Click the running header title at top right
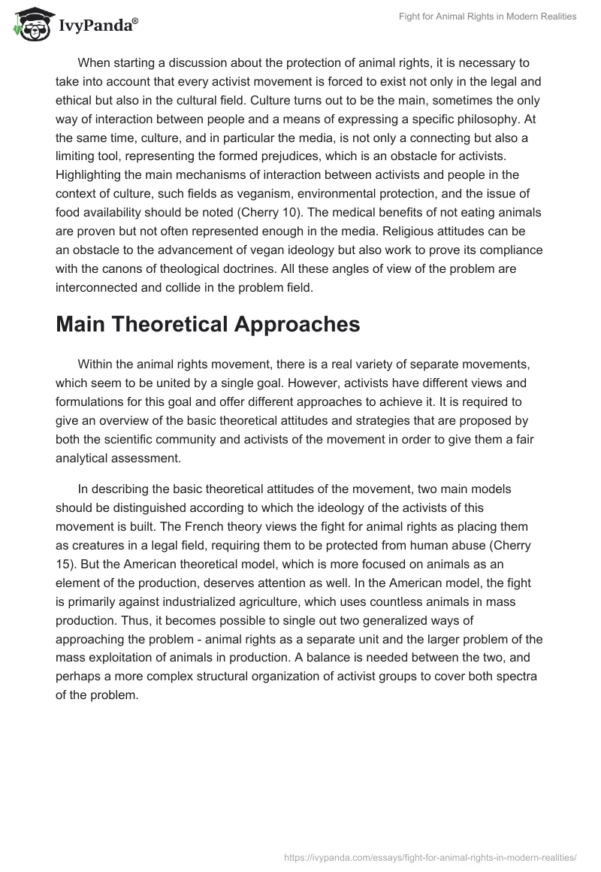(x=488, y=17)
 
